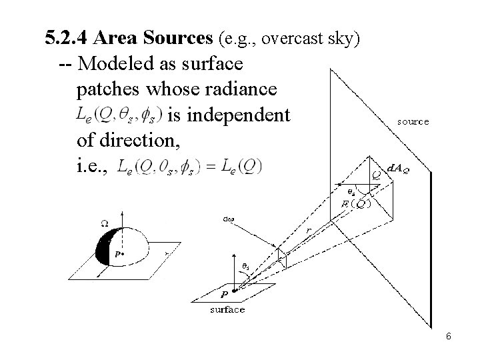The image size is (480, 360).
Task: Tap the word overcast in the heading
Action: (291, 39)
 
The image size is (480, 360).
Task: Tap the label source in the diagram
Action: (413, 122)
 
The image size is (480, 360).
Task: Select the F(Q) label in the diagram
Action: (356, 203)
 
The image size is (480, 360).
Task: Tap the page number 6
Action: (449, 337)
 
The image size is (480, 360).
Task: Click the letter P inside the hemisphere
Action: (117, 254)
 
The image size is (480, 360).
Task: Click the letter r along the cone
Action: (308, 230)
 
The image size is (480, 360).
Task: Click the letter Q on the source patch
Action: (376, 175)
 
